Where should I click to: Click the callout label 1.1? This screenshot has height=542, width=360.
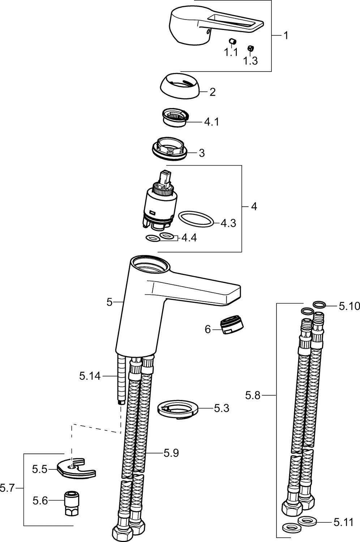tap(231, 53)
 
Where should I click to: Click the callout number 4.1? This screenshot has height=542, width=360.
tap(211, 122)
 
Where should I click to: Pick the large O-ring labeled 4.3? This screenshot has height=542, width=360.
tap(196, 220)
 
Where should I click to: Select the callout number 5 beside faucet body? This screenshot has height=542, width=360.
tap(110, 302)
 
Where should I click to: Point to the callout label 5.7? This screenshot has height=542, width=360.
tap(7, 489)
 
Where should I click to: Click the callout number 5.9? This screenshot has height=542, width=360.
tap(171, 453)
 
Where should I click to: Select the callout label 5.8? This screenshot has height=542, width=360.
tap(253, 396)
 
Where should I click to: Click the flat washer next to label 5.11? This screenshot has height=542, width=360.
tap(307, 521)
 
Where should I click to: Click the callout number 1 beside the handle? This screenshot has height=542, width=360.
tap(286, 35)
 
